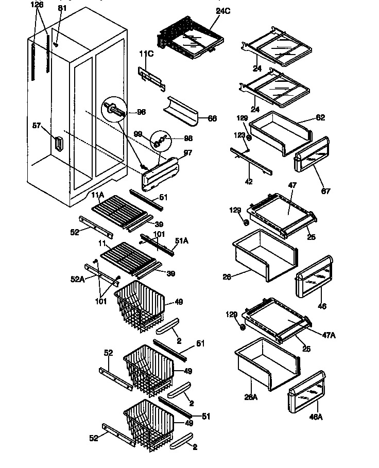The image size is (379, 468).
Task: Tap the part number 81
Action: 62,8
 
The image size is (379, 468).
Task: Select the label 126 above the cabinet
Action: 37,5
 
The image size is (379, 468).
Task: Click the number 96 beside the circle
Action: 141,111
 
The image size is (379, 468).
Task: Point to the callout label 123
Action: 239,135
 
